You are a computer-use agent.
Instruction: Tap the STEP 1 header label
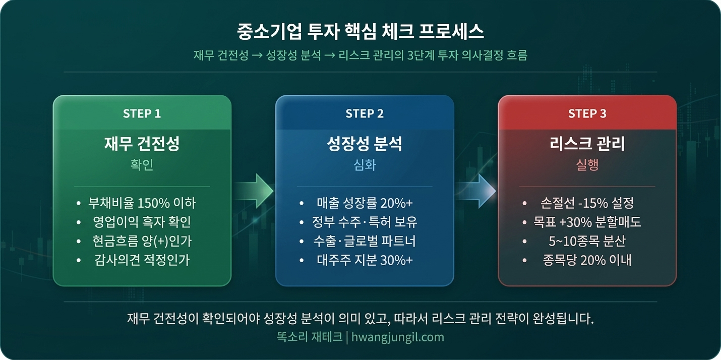click(x=142, y=113)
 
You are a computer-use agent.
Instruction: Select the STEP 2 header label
click(x=365, y=113)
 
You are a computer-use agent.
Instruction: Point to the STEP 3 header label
click(x=587, y=113)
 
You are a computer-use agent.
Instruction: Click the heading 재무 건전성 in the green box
click(x=142, y=144)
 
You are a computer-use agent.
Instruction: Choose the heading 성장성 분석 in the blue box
click(x=365, y=144)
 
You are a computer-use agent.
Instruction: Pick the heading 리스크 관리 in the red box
click(x=587, y=144)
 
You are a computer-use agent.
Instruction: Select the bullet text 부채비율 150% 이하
click(x=142, y=203)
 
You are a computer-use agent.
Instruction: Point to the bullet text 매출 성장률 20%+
click(x=365, y=203)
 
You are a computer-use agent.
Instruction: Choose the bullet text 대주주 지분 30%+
click(x=365, y=261)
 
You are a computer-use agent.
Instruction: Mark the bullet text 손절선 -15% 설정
click(x=587, y=203)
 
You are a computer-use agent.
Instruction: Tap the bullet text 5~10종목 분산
click(x=587, y=242)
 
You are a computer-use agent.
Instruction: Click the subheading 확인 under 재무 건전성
click(x=142, y=165)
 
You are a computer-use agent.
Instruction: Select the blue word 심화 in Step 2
click(x=365, y=165)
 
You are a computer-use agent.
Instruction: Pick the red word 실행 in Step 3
click(x=587, y=165)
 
